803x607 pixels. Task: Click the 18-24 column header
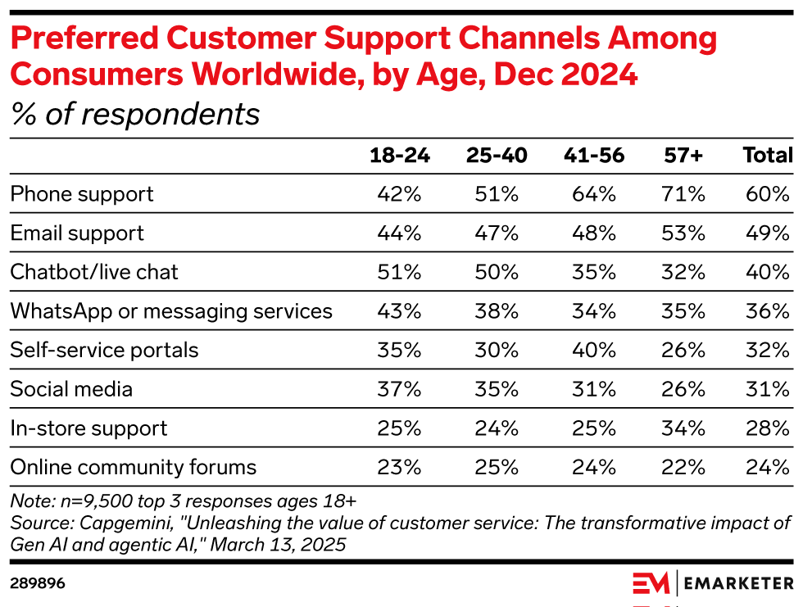pyautogui.click(x=400, y=156)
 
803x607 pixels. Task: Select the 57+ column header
pyautogui.click(x=685, y=156)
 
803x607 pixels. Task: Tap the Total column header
pyautogui.click(x=768, y=156)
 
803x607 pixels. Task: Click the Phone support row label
pyautogui.click(x=82, y=194)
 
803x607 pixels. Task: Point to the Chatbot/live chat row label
pyautogui.click(x=94, y=272)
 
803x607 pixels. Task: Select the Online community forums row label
pyautogui.click(x=134, y=468)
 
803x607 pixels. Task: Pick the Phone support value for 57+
pyautogui.click(x=685, y=194)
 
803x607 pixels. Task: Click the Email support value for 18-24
pyautogui.click(x=400, y=233)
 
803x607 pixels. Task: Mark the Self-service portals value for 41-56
pyautogui.click(x=595, y=351)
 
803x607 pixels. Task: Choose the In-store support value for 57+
pyautogui.click(x=685, y=428)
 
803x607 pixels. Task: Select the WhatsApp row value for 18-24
pyautogui.click(x=400, y=311)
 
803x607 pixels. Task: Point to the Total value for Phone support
pyautogui.click(x=769, y=194)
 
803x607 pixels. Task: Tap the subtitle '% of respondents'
pyautogui.click(x=135, y=115)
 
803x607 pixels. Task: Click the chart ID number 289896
pyautogui.click(x=38, y=583)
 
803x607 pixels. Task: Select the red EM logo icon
pyautogui.click(x=652, y=583)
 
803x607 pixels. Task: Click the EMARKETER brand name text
pyautogui.click(x=739, y=583)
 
